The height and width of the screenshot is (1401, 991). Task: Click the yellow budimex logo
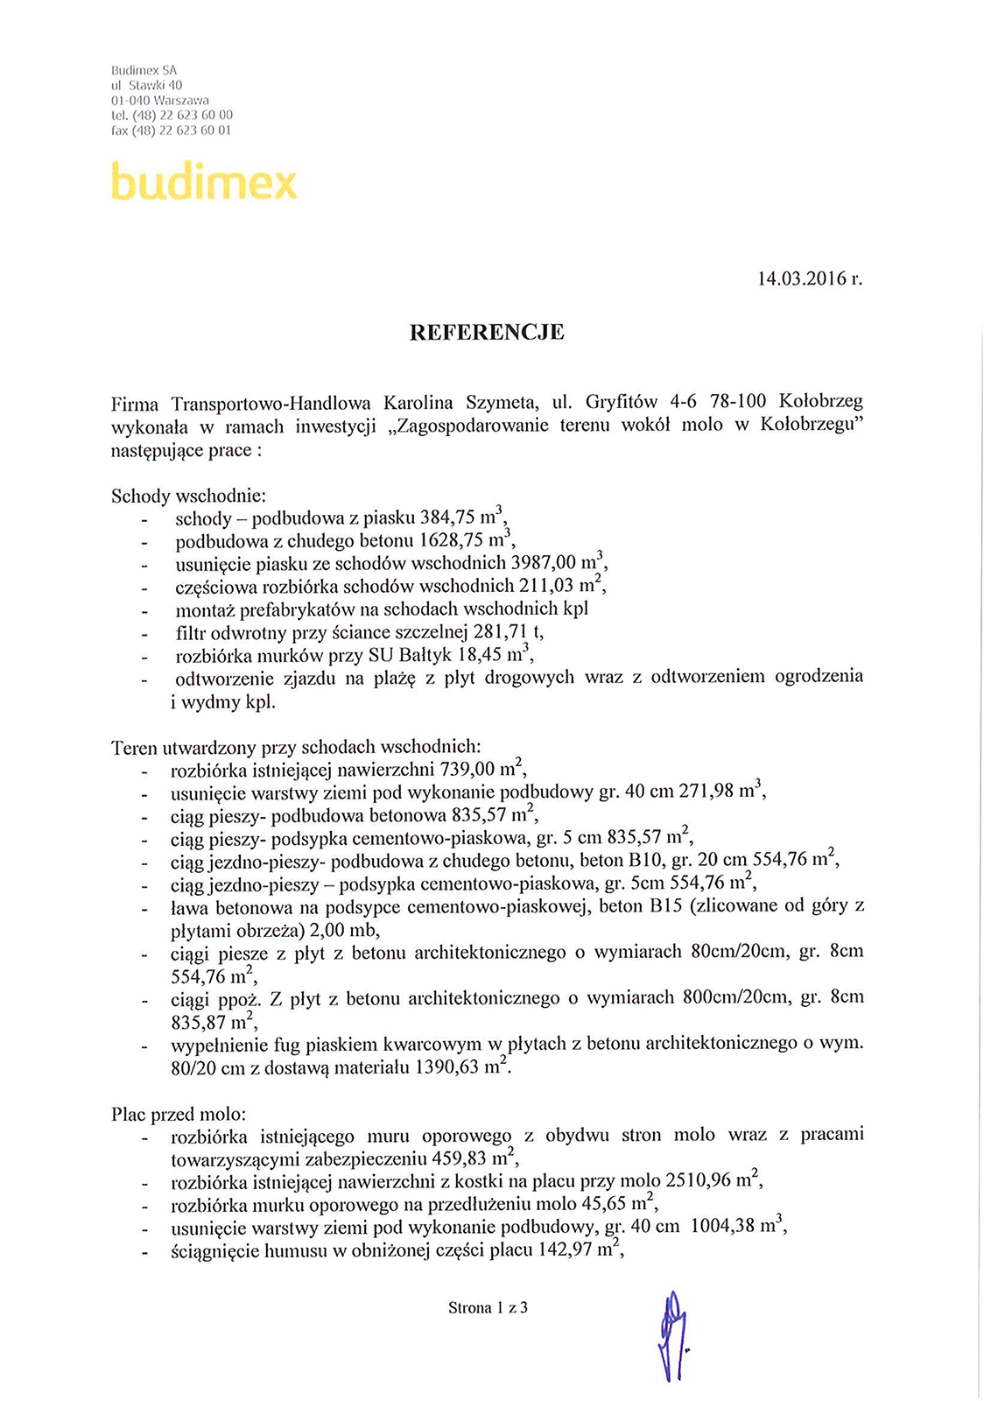tap(203, 181)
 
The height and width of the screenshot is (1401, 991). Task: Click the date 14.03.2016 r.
tap(809, 279)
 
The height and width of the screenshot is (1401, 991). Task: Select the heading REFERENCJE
tap(487, 333)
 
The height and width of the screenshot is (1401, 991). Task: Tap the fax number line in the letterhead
tap(172, 130)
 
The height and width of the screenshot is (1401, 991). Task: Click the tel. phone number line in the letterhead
tap(172, 116)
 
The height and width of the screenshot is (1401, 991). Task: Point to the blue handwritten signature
tap(672, 1335)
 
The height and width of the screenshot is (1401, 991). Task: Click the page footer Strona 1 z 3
tap(488, 1308)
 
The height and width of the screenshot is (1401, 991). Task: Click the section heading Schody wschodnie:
tap(189, 496)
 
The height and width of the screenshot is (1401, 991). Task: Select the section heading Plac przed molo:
tap(179, 1115)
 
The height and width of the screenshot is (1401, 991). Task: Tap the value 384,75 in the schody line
tap(447, 519)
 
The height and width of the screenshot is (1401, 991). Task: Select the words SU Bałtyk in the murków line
tap(414, 655)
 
